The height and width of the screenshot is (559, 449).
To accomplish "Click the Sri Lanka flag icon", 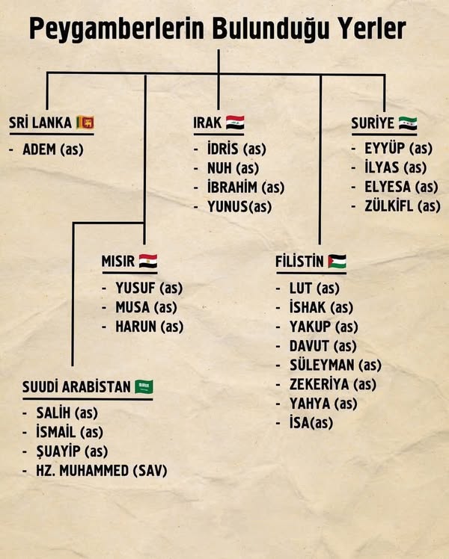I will [88, 122].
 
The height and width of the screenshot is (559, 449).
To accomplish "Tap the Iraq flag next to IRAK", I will [234, 122].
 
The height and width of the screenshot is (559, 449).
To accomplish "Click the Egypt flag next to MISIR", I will [147, 261].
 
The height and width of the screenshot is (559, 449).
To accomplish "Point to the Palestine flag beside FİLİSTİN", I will [336, 261].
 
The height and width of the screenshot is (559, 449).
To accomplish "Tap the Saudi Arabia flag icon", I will [144, 386].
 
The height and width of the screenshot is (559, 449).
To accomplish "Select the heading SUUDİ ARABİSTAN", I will [76, 387].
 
